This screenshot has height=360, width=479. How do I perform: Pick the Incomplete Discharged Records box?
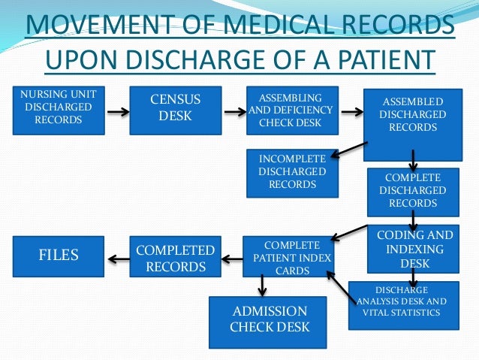291,171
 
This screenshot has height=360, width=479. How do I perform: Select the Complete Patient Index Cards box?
287,258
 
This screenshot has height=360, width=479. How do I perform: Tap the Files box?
59,256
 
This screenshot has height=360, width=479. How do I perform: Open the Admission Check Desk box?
268,322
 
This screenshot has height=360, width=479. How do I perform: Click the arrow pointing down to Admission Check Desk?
262,285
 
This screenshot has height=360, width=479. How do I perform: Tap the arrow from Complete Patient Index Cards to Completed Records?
231,259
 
